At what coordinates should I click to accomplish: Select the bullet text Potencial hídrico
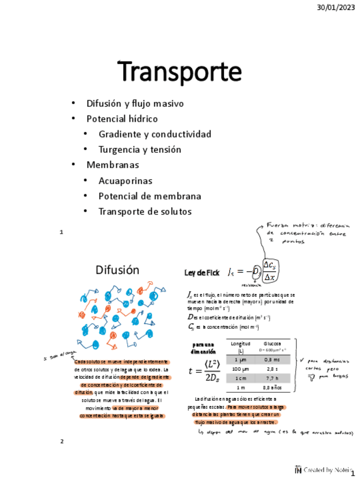pyautogui.click(x=122, y=119)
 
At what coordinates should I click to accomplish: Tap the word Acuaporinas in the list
pyautogui.click(x=125, y=181)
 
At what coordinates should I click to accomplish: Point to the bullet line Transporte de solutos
pyautogui.click(x=145, y=211)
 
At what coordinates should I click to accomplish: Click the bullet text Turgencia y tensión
pyautogui.click(x=140, y=149)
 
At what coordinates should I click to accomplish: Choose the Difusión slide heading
pyautogui.click(x=117, y=269)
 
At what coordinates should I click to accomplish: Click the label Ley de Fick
pyautogui.click(x=202, y=273)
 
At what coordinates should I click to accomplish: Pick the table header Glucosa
pyautogui.click(x=272, y=344)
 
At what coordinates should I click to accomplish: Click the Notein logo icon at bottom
pyautogui.click(x=298, y=469)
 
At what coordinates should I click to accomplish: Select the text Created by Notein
pyautogui.click(x=326, y=470)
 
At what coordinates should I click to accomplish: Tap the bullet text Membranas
pyautogui.click(x=113, y=165)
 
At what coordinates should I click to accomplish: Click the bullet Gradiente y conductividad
pyautogui.click(x=155, y=134)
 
